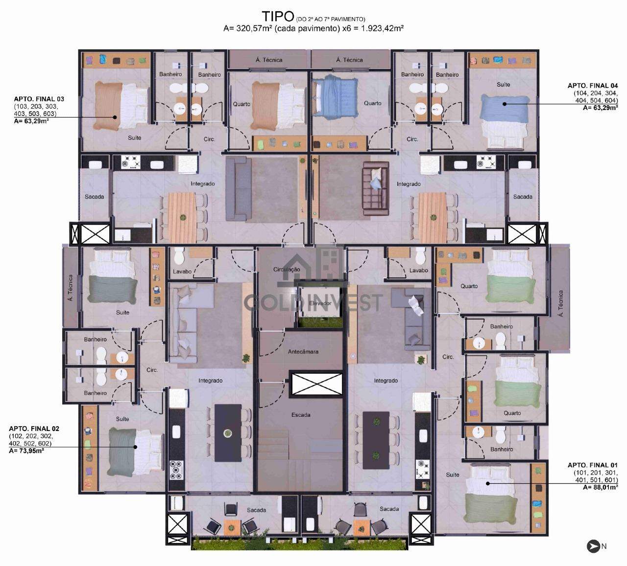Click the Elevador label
pos(320,303)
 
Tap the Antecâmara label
pos(303,352)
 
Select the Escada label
pos(301,415)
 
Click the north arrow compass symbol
pos(593,546)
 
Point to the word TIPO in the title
pos(278,17)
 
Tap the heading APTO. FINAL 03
pos(39,99)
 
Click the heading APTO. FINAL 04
pos(593,86)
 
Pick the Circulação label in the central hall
pos(287,269)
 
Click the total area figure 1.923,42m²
pos(382,28)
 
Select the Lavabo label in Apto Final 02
pos(182,272)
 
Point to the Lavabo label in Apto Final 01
pos(418,271)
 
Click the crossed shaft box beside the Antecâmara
pos(316,384)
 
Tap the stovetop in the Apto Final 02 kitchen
pos(177,470)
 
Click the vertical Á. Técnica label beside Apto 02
pos(71,288)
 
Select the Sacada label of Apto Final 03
pos(94,197)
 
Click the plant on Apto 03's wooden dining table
pos(182,218)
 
